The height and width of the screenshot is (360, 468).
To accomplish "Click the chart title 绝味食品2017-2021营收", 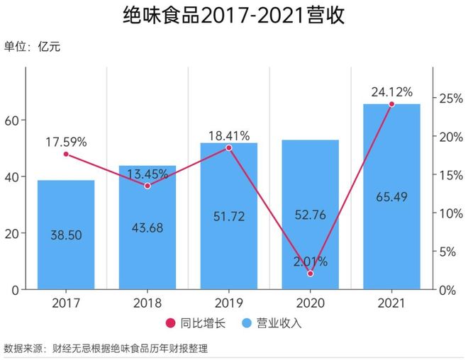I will (x=234, y=16).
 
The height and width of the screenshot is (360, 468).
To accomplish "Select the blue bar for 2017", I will (x=66, y=234).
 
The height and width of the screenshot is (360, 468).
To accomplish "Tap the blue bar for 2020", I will (x=310, y=213).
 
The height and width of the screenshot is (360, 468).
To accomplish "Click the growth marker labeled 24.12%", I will (x=391, y=104).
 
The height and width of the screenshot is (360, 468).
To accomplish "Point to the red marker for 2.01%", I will (x=310, y=274).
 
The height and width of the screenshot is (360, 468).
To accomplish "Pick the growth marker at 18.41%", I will (x=228, y=148).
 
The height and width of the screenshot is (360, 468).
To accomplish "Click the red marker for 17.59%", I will (x=66, y=154).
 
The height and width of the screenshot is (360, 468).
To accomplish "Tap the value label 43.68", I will (x=147, y=227).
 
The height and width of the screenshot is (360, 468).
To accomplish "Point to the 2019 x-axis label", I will (x=228, y=303).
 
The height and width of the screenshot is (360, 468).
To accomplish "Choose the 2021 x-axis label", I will (x=391, y=303).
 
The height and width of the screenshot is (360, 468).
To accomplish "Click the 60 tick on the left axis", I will (x=11, y=120).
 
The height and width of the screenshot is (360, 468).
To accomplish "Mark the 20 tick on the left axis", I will (x=11, y=233).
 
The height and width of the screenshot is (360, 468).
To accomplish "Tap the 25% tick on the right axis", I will (x=448, y=98).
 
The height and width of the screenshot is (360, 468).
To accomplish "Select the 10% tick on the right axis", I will (x=448, y=213).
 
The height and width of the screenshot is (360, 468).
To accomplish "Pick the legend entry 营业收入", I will (x=273, y=324).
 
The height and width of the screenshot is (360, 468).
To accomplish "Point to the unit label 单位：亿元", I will (x=33, y=47).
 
